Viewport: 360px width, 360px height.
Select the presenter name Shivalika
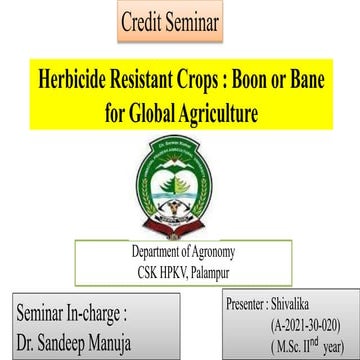tap(300, 301)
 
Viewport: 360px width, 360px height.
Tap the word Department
tap(152, 250)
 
